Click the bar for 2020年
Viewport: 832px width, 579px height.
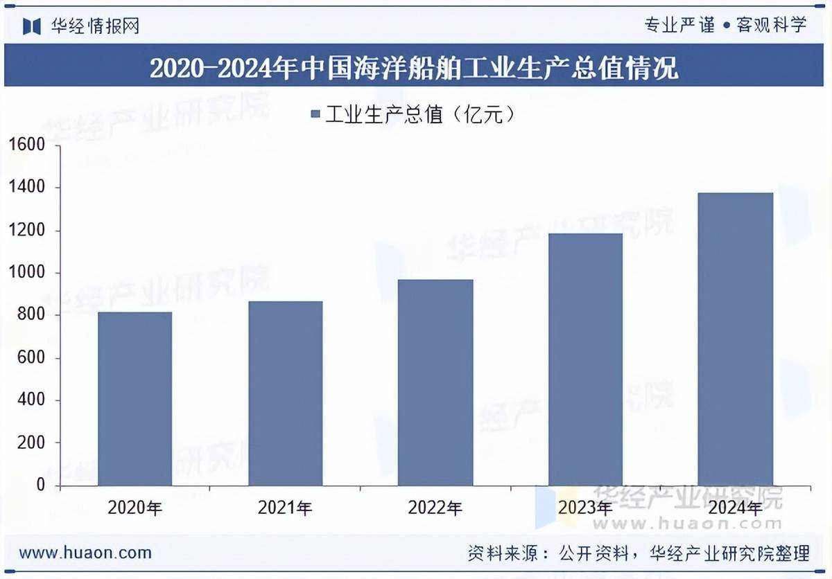click(135, 399)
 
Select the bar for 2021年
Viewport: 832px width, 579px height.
click(285, 393)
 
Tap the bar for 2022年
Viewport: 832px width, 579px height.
click(435, 382)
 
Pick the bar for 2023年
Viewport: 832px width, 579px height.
click(585, 359)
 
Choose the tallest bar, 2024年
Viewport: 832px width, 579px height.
click(735, 339)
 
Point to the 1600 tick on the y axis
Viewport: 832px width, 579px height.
click(27, 145)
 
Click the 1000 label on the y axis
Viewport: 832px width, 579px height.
click(27, 273)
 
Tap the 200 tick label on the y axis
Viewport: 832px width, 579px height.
click(31, 443)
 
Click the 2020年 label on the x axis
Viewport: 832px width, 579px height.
click(135, 508)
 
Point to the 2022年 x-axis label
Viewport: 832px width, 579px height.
click(435, 508)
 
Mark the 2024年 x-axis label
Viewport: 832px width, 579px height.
click(735, 508)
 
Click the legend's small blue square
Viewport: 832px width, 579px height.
click(315, 114)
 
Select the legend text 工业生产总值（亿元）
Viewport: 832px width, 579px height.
click(420, 114)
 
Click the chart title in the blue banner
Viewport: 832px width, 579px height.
click(414, 68)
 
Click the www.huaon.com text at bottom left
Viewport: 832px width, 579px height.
click(85, 553)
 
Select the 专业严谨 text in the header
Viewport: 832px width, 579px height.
click(679, 26)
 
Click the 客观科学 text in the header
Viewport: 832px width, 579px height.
click(772, 26)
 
